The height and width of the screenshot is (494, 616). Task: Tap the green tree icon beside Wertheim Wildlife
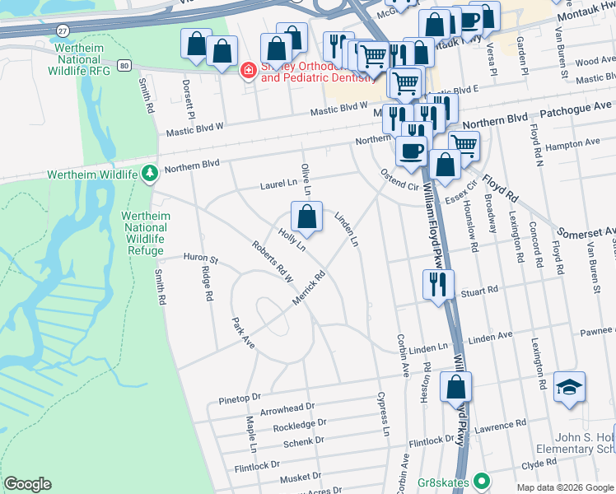click(x=149, y=173)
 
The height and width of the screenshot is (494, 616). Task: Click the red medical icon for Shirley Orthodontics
click(x=246, y=72)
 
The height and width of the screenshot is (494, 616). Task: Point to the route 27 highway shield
click(x=63, y=30)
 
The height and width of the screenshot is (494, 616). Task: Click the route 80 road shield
click(x=124, y=64)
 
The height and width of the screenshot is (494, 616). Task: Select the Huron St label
click(x=200, y=259)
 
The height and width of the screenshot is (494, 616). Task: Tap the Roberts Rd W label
click(x=273, y=262)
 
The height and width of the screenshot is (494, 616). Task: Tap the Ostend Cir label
click(x=399, y=179)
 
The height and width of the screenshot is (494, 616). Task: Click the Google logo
click(x=27, y=484)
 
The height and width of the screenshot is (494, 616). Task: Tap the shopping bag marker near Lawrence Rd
click(x=455, y=387)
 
